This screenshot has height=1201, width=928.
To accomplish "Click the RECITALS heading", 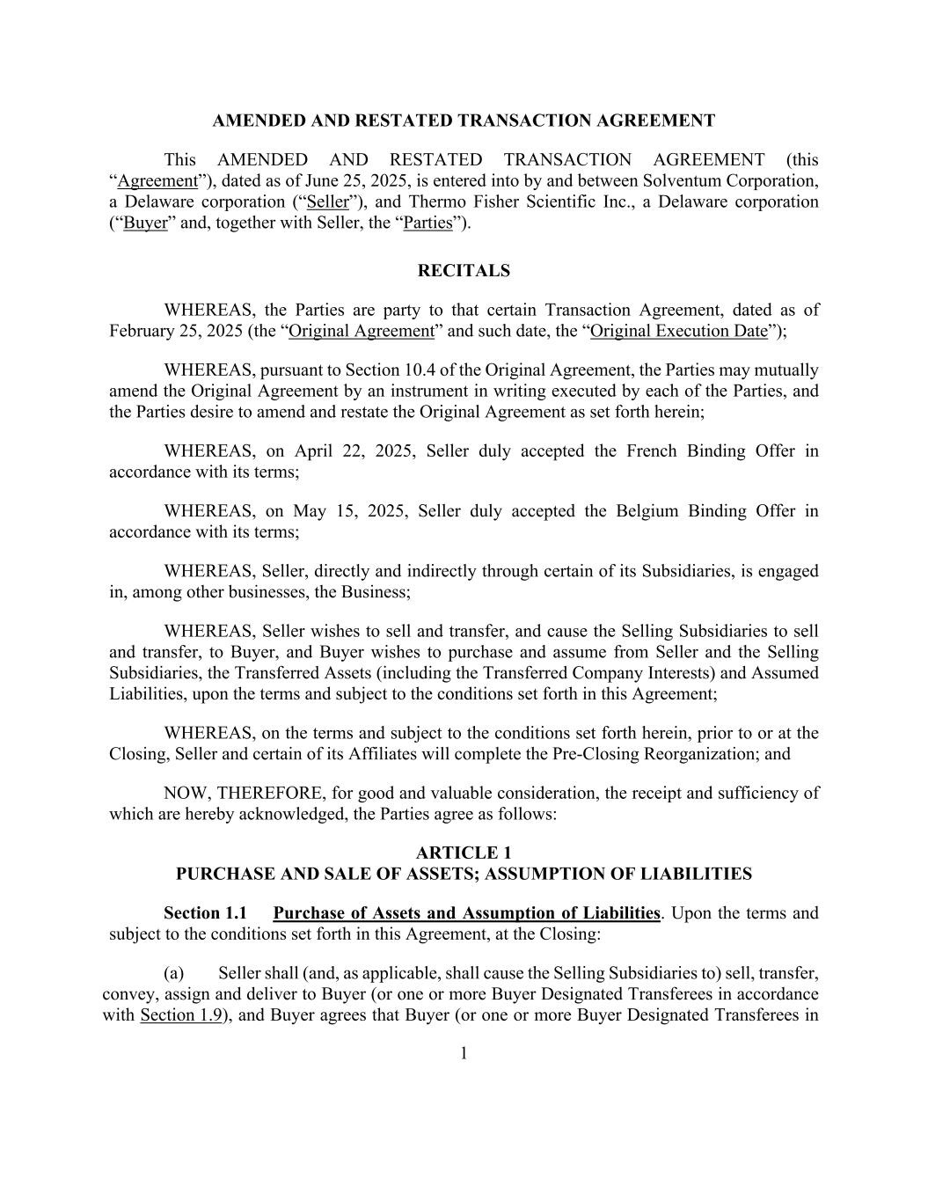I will coord(464,271).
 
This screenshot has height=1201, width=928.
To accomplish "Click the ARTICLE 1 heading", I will coord(464,853).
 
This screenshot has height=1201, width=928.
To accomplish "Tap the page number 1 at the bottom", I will coord(464,1053).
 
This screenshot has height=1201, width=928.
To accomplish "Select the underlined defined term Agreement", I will coord(158,181).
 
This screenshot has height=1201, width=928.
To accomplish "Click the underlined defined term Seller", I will coord(327,202).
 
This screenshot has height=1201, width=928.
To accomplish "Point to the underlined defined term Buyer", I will coord(145,223).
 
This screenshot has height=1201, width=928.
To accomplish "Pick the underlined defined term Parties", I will coord(427,223).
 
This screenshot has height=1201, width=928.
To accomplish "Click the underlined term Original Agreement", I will coord(362,332).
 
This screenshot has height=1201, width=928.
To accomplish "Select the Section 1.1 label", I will coord(205,913).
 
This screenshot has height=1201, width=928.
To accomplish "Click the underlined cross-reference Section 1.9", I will coord(179,1015).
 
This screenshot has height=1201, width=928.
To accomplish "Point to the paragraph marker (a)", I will coord(174,973).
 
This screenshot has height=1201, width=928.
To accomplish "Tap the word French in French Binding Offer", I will coord(652,451).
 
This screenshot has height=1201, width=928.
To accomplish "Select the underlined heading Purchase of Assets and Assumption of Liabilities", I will coord(466,913).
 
